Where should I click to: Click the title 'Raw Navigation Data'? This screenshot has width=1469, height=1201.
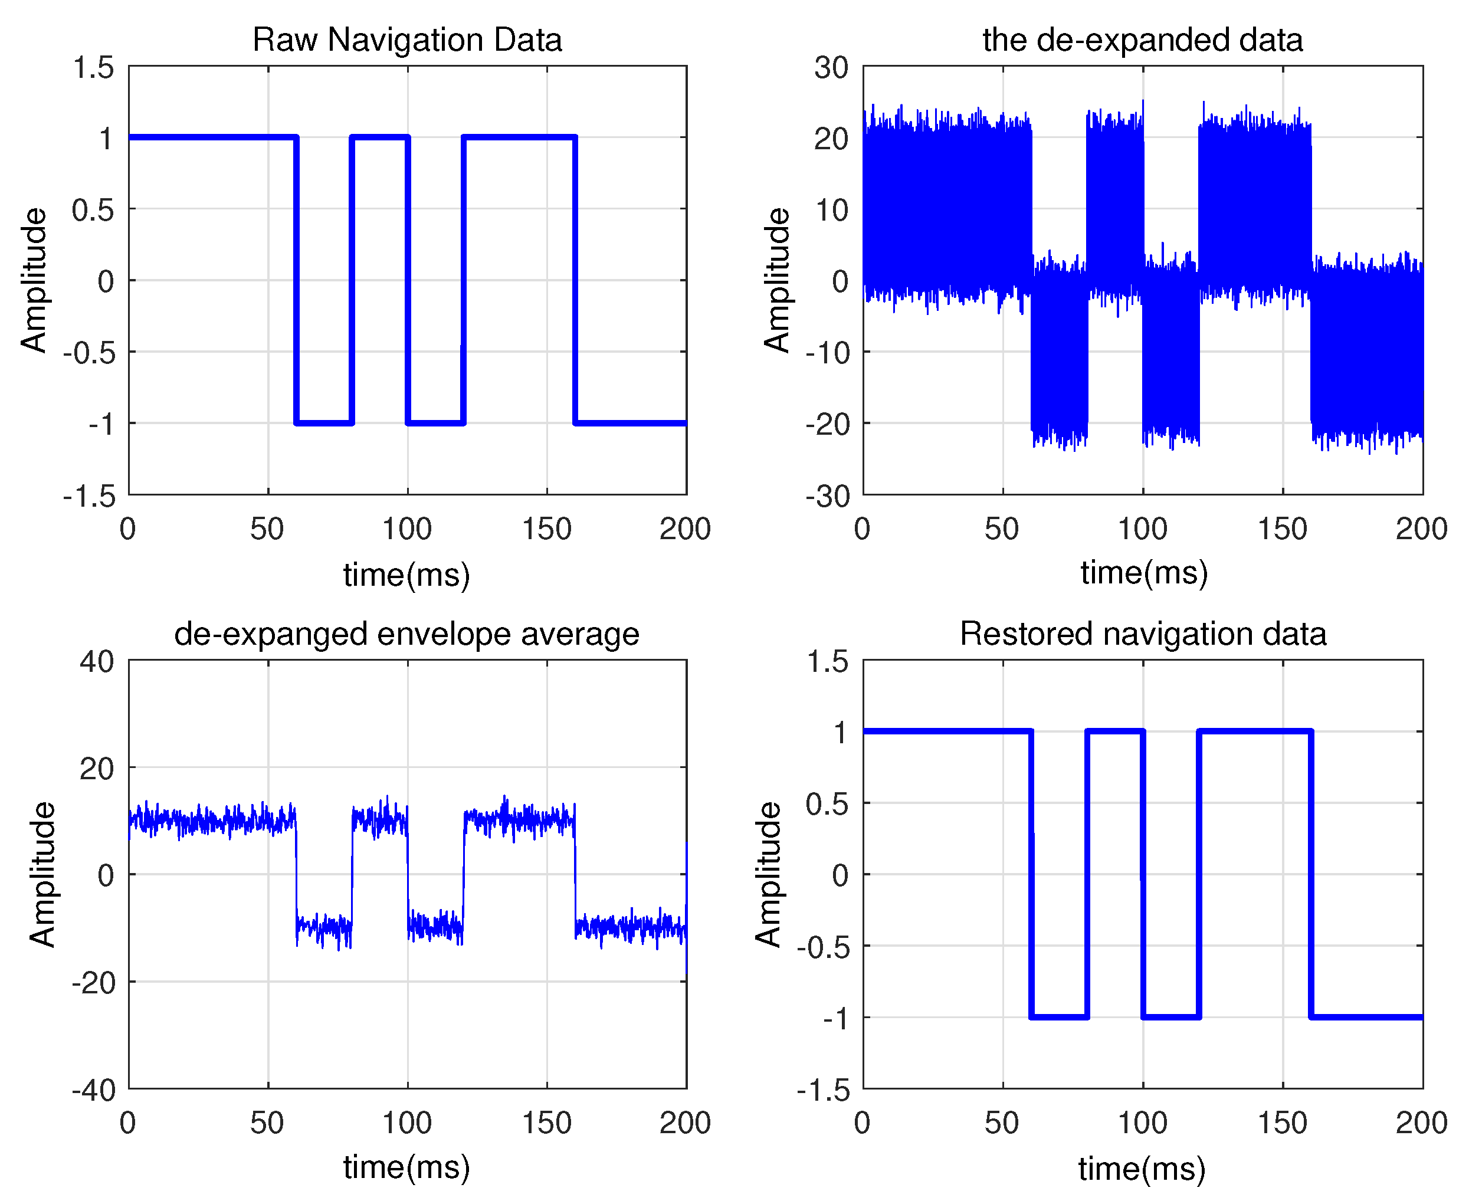407,40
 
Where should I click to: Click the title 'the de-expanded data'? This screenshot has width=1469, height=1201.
1142,40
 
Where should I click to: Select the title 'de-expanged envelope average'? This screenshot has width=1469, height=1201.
407,634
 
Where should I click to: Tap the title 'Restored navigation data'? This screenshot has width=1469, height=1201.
1142,634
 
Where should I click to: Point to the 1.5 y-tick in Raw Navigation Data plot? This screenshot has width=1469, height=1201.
93,68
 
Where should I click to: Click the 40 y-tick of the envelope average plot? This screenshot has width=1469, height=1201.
97,661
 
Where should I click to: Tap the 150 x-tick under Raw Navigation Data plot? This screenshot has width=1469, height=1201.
547,529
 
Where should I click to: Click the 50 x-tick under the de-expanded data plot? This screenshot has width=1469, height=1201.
1002,529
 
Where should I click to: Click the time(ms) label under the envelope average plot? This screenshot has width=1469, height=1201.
407,1168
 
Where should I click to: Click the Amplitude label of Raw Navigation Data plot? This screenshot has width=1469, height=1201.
33,280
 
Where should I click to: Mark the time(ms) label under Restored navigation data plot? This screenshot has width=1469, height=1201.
1142,1169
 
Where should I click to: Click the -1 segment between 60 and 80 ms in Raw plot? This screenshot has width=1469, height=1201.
324,423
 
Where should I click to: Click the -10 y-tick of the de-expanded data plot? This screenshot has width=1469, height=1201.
827,353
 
